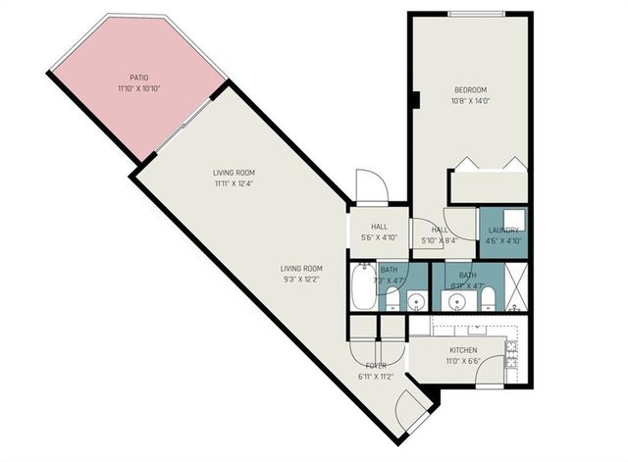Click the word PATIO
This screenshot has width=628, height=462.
tap(138, 77)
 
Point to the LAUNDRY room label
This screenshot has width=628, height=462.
tap(502, 230)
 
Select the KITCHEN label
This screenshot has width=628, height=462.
tap(463, 350)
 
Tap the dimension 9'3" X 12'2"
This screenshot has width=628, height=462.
tap(301, 280)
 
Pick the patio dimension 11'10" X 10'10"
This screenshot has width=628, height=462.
tap(138, 88)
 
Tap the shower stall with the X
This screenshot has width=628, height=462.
tap(514, 286)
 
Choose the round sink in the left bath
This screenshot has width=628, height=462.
tap(417, 300)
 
